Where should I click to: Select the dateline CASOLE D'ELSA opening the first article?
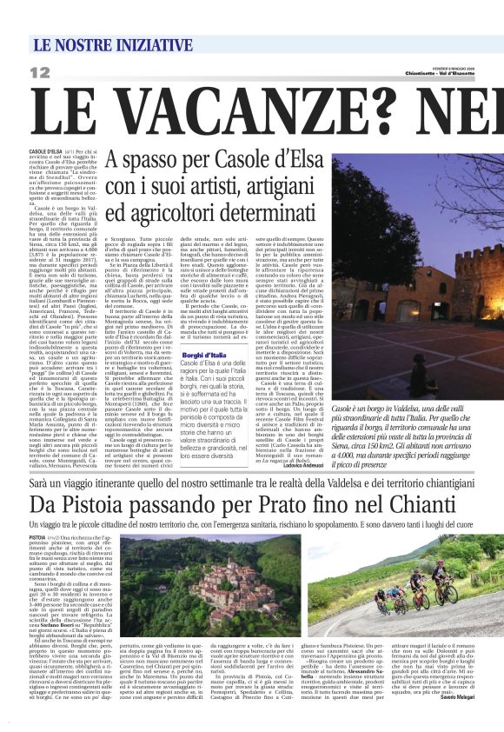tap(46, 150)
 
